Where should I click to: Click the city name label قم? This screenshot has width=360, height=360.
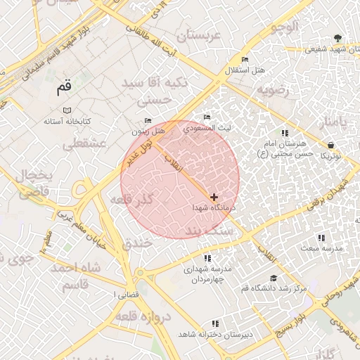click(64, 89)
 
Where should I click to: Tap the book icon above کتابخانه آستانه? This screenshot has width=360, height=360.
click(67, 110)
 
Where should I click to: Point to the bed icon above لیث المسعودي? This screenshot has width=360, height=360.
click(207, 117)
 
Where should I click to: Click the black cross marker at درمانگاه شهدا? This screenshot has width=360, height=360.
click(214, 198)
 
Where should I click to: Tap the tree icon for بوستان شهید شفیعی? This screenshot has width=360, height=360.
click(339, 38)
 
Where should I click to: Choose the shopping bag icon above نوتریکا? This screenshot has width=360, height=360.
click(330, 145)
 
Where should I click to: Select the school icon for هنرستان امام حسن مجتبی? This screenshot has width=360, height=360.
click(285, 133)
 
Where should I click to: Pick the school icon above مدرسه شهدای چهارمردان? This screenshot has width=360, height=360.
click(207, 258)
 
